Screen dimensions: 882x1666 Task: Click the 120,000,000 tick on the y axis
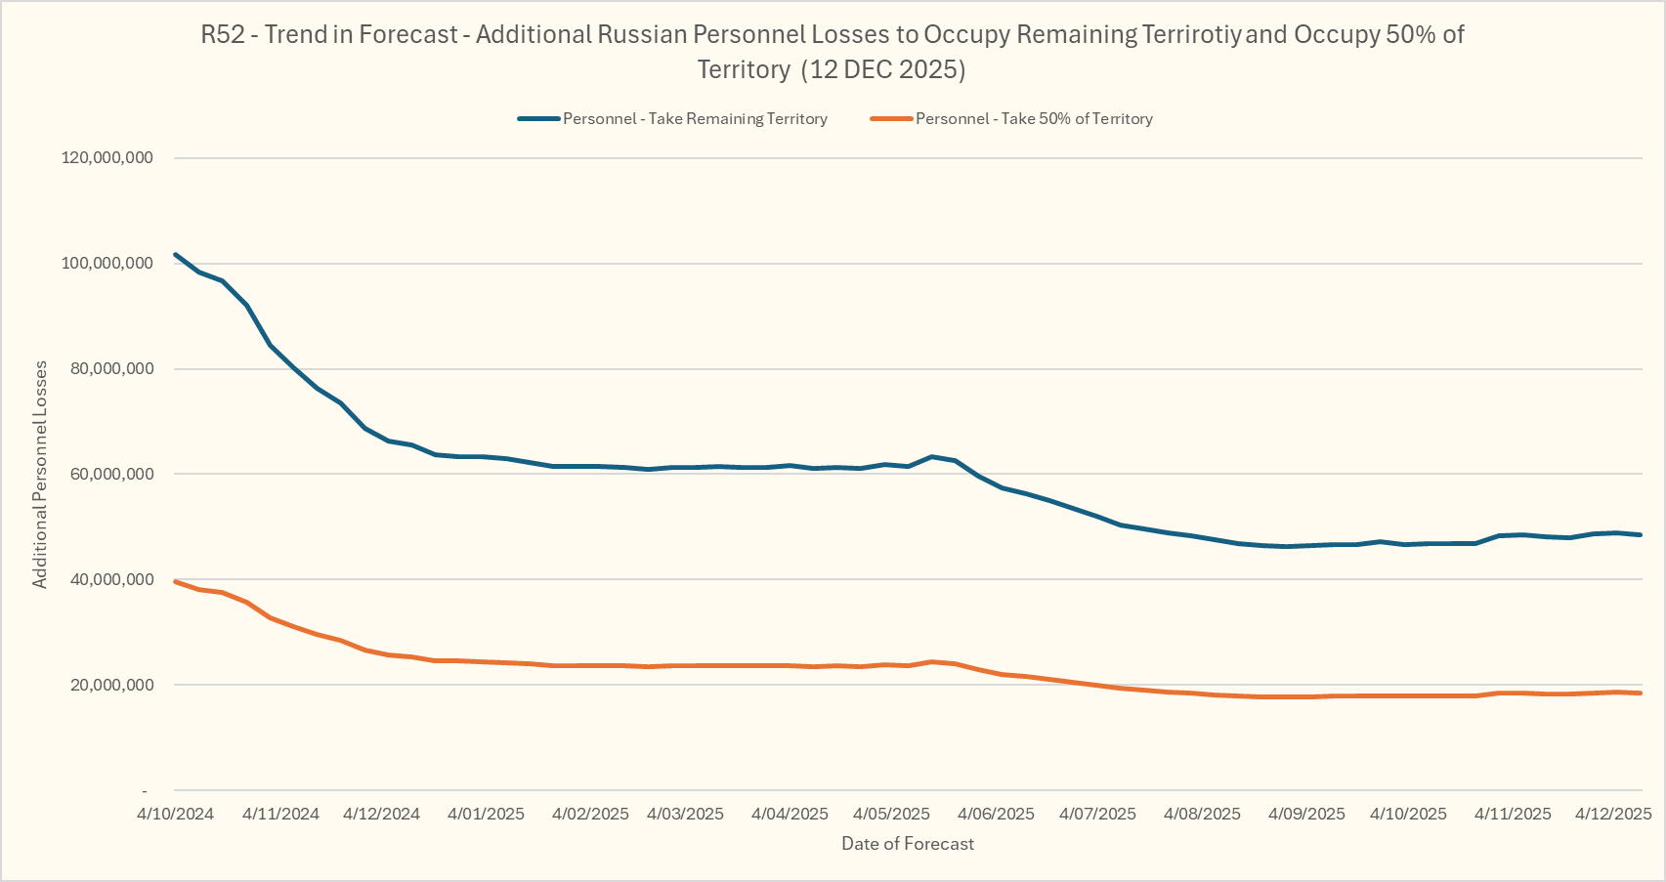[107, 158]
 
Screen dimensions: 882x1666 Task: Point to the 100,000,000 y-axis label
[107, 264]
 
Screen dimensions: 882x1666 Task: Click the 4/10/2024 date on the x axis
[175, 814]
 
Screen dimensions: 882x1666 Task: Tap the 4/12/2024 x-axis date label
[381, 814]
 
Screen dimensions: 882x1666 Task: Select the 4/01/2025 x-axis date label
[486, 814]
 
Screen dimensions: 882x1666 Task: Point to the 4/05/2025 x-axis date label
[891, 814]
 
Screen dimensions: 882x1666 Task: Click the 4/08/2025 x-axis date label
[1202, 814]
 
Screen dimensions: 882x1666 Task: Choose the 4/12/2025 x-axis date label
[1613, 814]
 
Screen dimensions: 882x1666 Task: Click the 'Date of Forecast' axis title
[908, 844]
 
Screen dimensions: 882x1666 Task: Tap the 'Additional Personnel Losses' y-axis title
[40, 475]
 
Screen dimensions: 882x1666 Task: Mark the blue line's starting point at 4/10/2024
[176, 255]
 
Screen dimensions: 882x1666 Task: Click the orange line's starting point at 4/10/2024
[176, 582]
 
